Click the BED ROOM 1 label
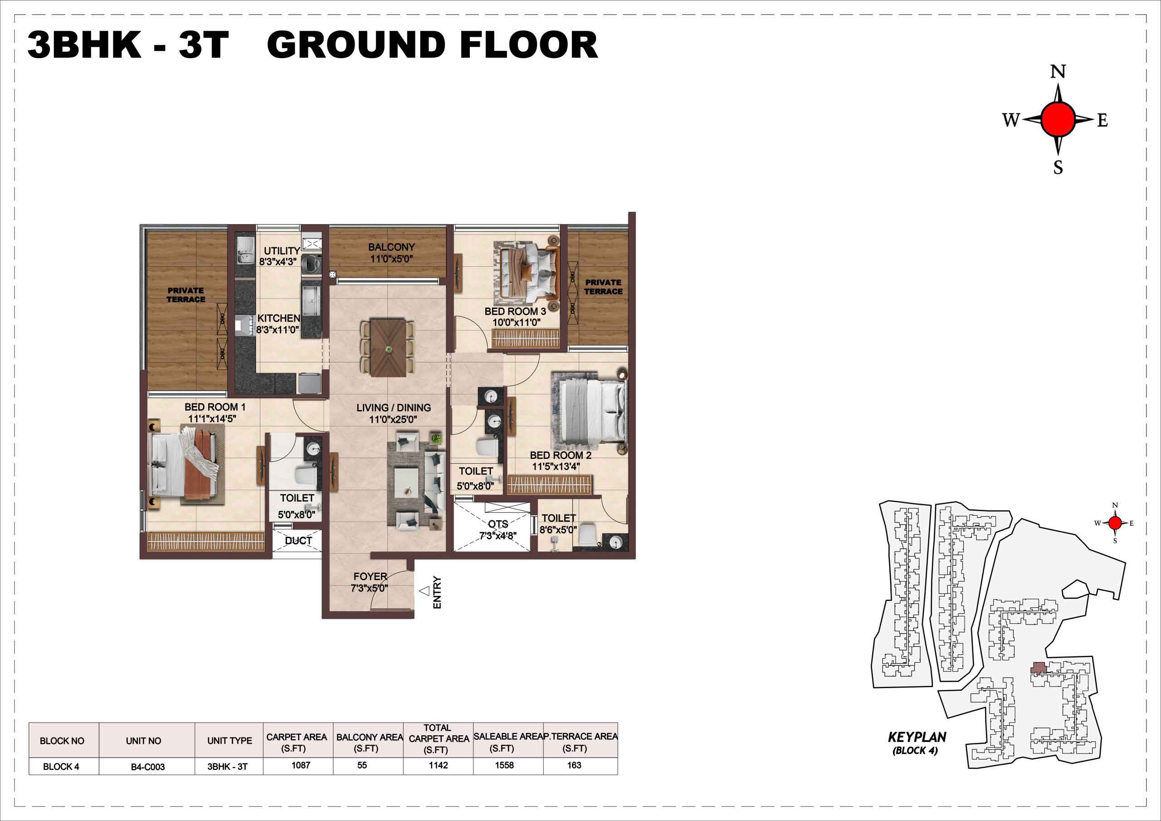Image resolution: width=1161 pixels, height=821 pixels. pyautogui.click(x=215, y=407)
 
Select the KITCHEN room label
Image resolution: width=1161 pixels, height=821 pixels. pyautogui.click(x=278, y=318)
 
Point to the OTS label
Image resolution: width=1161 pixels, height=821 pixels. pyautogui.click(x=498, y=524)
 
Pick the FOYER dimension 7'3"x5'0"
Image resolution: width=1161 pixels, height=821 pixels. pyautogui.click(x=369, y=588)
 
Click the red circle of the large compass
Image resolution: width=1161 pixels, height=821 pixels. pyautogui.click(x=1058, y=119)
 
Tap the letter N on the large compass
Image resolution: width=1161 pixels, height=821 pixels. pyautogui.click(x=1058, y=72)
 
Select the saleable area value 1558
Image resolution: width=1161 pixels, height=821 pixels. pyautogui.click(x=504, y=765)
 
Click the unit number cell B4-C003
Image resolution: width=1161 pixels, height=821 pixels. pyautogui.click(x=148, y=767)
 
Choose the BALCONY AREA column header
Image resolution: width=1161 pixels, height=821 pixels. pyautogui.click(x=369, y=743)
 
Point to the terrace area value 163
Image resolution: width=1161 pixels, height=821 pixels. pyautogui.click(x=574, y=765)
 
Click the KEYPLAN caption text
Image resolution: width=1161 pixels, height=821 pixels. pyautogui.click(x=917, y=737)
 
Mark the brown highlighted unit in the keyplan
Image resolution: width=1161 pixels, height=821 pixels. pyautogui.click(x=1039, y=668)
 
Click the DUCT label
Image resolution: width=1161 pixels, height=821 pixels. pyautogui.click(x=298, y=541)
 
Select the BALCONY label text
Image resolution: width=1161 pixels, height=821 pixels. pyautogui.click(x=391, y=247)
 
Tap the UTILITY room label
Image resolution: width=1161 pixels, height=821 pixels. pyautogui.click(x=282, y=250)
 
